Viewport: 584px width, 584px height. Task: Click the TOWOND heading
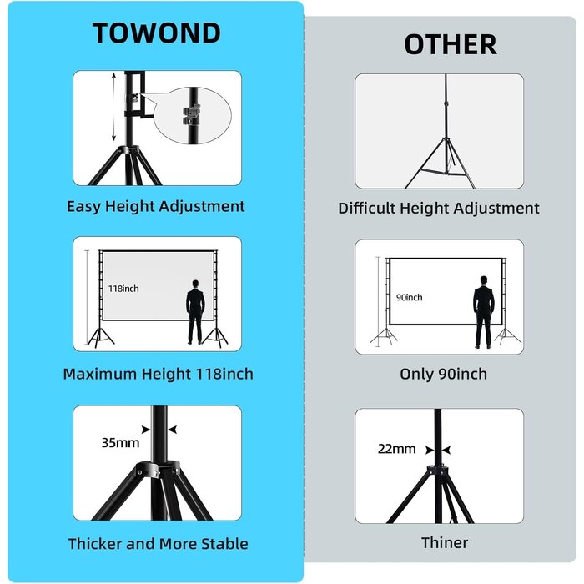pos(157,33)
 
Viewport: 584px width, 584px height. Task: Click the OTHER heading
pos(451,44)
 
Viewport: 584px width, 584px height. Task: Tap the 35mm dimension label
pos(120,442)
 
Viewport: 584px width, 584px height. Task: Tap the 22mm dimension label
pos(396,449)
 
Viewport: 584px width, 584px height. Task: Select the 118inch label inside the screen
pos(123,289)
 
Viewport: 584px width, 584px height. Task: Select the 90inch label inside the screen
pos(410,297)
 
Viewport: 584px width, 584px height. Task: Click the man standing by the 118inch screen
pos(195,312)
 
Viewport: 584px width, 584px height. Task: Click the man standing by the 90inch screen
pos(483,312)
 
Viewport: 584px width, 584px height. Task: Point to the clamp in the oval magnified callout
pos(192,114)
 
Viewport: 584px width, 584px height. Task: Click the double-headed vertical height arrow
pos(114,108)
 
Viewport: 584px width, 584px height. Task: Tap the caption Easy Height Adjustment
pos(156,206)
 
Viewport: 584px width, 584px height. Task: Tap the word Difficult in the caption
pos(367,208)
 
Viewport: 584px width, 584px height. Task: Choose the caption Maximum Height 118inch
pos(159,374)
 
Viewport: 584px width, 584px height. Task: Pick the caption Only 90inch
pos(443,374)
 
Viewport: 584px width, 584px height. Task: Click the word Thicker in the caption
pos(95,544)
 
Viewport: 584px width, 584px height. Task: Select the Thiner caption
pos(445,542)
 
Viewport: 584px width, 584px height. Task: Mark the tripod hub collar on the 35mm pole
pos(159,469)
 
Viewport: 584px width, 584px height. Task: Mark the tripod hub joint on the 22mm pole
pos(438,470)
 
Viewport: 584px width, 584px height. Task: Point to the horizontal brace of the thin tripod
pos(443,173)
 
